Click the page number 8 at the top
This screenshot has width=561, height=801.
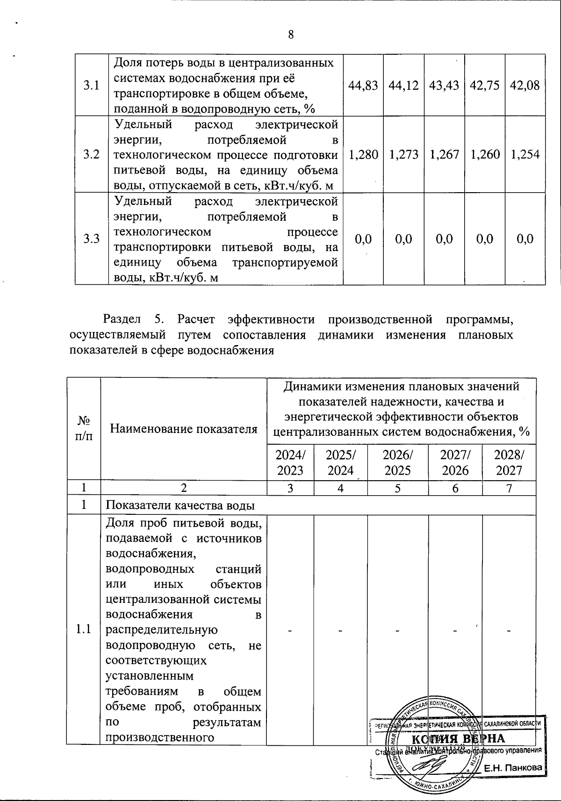[x=291, y=35]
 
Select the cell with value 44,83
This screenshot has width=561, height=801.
[x=363, y=85]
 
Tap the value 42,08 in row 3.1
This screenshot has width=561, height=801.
[x=525, y=85]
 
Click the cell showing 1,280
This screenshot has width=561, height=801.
[x=363, y=154]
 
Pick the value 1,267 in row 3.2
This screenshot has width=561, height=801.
[x=444, y=154]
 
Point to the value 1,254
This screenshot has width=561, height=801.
[x=525, y=154]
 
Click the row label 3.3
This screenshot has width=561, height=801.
[x=92, y=239]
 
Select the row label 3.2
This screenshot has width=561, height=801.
[x=92, y=154]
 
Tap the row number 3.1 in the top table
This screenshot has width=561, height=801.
[x=92, y=85]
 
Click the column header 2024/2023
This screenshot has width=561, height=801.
[x=290, y=462]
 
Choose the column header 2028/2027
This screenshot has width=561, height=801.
[x=509, y=462]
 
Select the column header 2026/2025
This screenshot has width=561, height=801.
[x=397, y=462]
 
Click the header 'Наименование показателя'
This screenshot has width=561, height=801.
[x=184, y=429]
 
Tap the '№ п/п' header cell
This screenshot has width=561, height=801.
[x=84, y=429]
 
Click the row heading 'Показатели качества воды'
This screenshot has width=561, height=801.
[x=180, y=505]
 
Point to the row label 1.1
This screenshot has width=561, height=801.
[x=84, y=629]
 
